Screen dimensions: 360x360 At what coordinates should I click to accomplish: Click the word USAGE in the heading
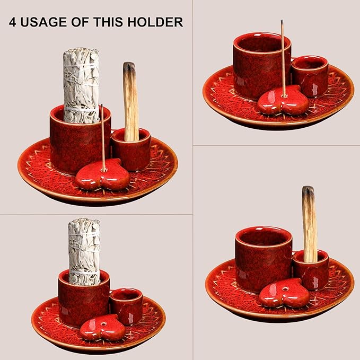tap(44, 22)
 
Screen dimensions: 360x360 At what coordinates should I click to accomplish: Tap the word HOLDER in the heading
tap(155, 22)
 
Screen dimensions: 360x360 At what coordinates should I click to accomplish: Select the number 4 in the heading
tap(13, 22)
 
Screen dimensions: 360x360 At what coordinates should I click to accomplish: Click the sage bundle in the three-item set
tap(81, 85)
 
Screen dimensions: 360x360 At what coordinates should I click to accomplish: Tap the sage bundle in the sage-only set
tap(84, 252)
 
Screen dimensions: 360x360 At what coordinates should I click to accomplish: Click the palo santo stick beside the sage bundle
tap(131, 101)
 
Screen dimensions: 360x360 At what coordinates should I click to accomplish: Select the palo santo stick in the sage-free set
tap(310, 224)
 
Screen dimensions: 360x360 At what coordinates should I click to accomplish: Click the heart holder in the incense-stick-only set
tap(283, 100)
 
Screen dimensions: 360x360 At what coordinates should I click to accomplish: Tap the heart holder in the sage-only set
tap(102, 328)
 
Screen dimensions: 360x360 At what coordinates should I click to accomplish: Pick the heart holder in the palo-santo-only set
tap(284, 293)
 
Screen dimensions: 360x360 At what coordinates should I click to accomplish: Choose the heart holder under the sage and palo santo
tap(103, 175)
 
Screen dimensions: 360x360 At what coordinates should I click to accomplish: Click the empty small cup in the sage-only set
tap(126, 306)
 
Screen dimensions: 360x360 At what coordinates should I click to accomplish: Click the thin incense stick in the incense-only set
tap(283, 58)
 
